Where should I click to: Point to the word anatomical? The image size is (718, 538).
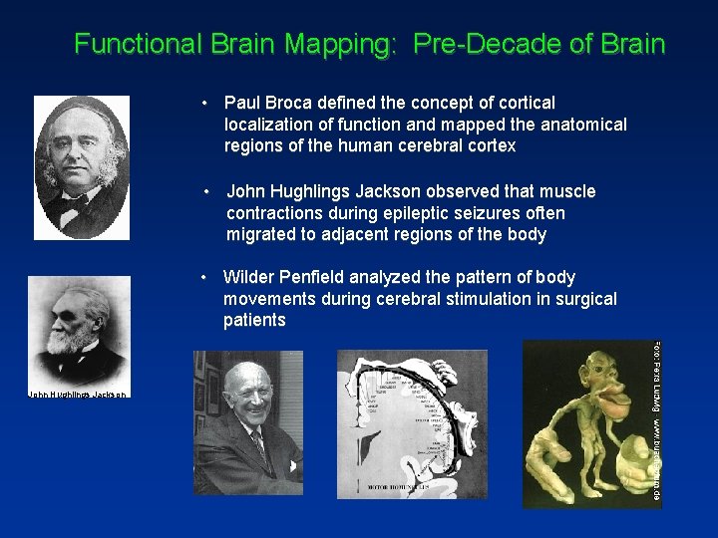pyautogui.click(x=578, y=125)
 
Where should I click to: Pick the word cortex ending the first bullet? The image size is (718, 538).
pyautogui.click(x=486, y=146)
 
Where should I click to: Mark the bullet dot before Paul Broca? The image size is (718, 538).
pyautogui.click(x=203, y=103)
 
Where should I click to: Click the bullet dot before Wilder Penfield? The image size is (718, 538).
pyautogui.click(x=203, y=277)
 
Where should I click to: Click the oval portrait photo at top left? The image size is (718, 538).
pyautogui.click(x=82, y=167)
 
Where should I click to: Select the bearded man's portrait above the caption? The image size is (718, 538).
pyautogui.click(x=78, y=330)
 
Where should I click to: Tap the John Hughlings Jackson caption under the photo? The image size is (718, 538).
pyautogui.click(x=78, y=396)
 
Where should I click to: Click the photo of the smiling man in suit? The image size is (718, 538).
pyautogui.click(x=247, y=423)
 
